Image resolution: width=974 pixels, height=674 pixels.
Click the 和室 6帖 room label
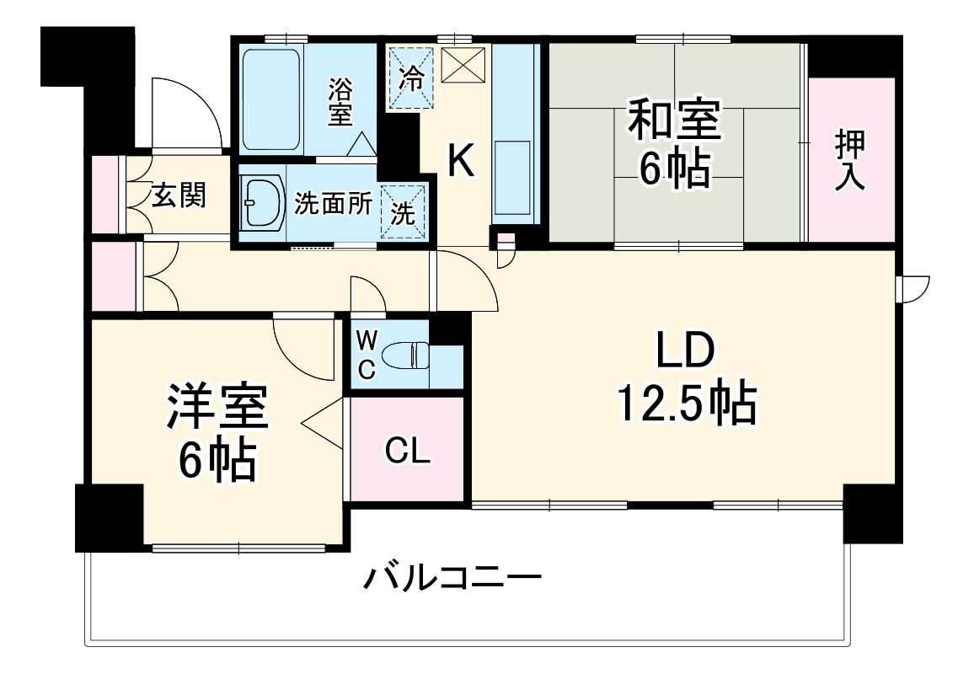[672, 145]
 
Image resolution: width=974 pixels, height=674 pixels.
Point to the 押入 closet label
[850, 160]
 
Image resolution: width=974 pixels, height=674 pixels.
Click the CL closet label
[408, 452]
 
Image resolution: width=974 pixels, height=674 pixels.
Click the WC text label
[366, 355]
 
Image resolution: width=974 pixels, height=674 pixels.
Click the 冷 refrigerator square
[412, 78]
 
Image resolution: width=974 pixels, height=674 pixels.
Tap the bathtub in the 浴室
[271, 99]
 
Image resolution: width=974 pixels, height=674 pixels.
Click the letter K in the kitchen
[460, 160]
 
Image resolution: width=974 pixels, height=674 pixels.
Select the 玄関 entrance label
[178, 195]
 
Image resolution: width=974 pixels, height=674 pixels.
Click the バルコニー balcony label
[452, 579]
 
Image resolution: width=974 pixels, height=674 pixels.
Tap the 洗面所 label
[333, 205]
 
